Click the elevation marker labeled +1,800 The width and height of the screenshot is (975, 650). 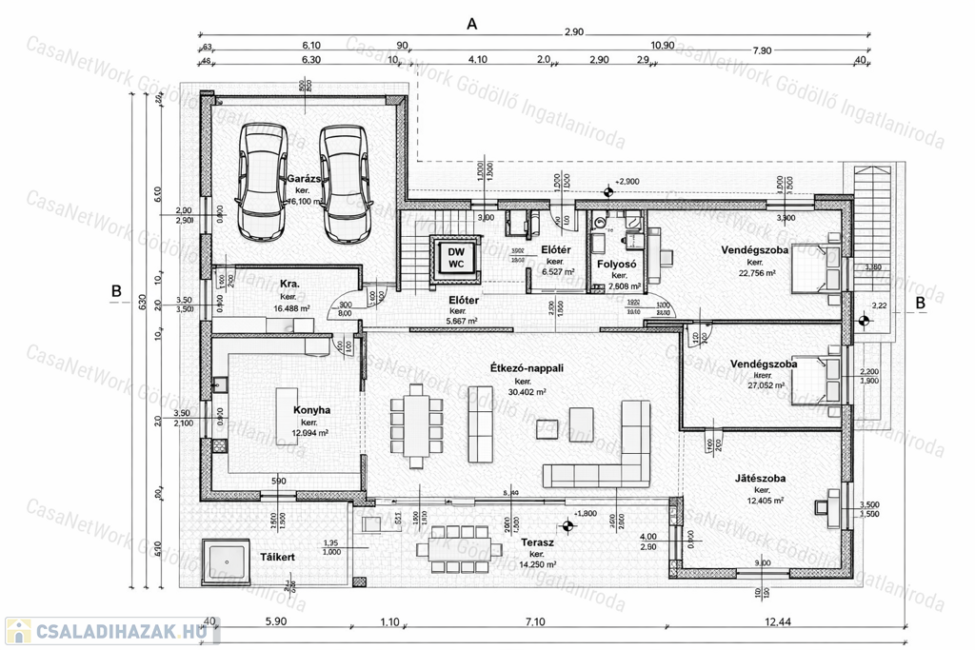[x=568, y=523]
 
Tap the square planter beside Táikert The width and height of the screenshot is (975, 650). [x=227, y=561]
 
